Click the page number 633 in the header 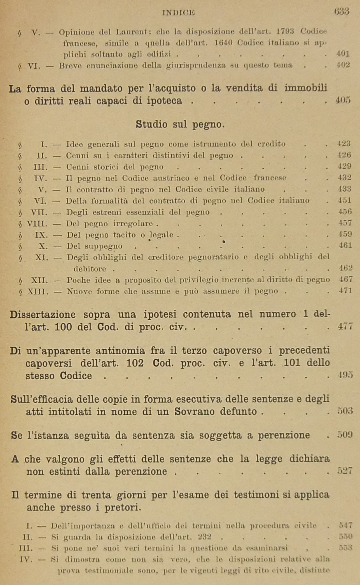342,12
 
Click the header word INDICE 179,13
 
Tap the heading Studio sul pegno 180,124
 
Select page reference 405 343,100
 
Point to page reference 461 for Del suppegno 345,245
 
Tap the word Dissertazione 43,315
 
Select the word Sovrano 194,412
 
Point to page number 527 345,471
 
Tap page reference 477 345,326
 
